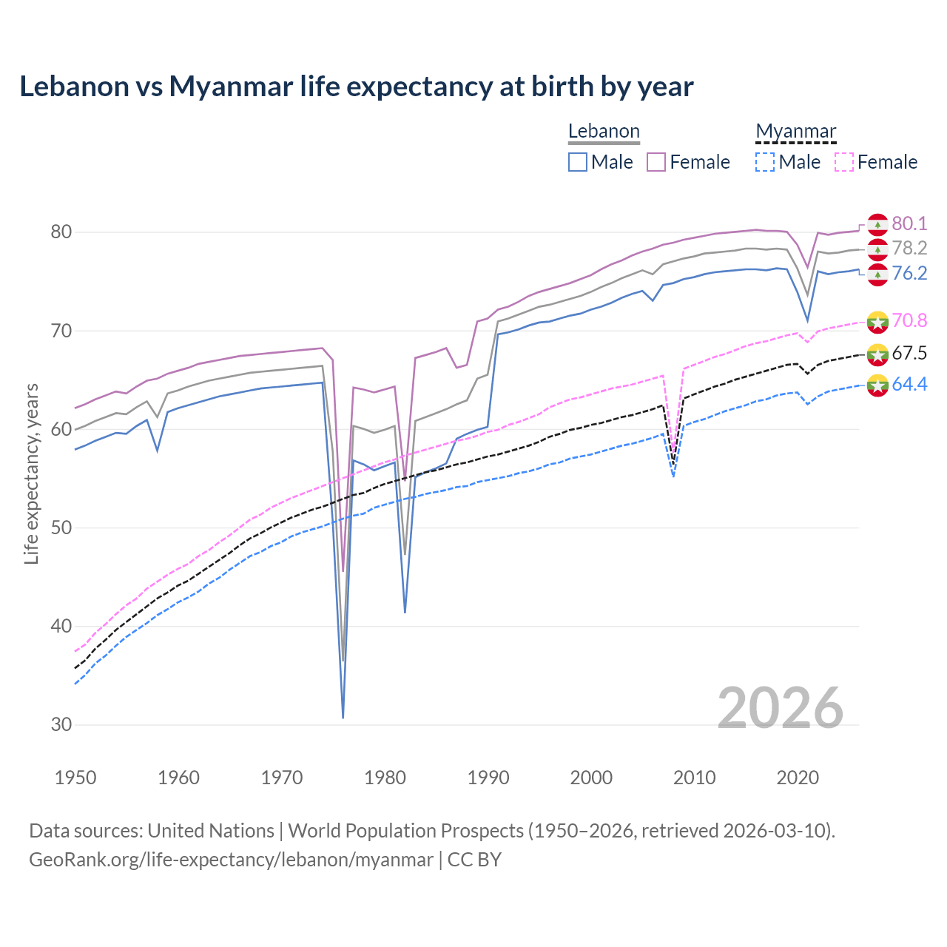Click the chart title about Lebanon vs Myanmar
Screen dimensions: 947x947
(x=356, y=87)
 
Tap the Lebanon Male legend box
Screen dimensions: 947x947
(x=578, y=162)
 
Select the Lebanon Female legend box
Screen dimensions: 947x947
(x=656, y=162)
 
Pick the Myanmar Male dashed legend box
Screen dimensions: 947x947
(x=765, y=162)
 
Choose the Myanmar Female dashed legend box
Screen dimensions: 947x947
(x=844, y=162)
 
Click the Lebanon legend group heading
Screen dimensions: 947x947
(x=604, y=132)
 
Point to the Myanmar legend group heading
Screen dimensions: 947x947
(x=795, y=132)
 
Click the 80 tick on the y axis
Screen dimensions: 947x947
(x=61, y=232)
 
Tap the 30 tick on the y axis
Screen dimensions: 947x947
(x=61, y=725)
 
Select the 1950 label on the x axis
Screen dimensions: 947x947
(x=75, y=778)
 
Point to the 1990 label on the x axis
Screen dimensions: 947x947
(x=488, y=778)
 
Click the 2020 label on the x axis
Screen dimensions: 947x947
(x=798, y=778)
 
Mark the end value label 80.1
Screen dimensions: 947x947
(x=909, y=223)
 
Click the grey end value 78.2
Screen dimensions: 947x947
(x=909, y=249)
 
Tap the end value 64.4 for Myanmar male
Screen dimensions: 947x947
(x=909, y=384)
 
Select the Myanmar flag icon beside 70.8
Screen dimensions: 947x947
(x=877, y=322)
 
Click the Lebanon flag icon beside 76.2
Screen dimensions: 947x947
(x=877, y=274)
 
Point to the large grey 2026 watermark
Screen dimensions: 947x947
(x=781, y=708)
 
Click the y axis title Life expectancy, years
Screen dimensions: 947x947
(x=32, y=473)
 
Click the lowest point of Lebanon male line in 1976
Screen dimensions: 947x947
(x=343, y=717)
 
